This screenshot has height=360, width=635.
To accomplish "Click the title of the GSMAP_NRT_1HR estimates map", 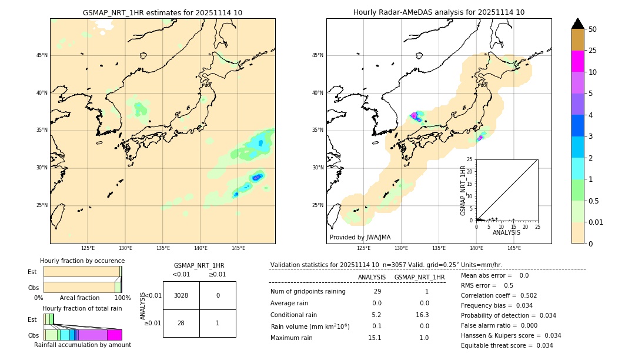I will pos(162,13).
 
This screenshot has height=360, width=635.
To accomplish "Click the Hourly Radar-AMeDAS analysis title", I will pos(439,12).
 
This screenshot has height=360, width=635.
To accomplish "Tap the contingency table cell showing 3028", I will pos(181,295).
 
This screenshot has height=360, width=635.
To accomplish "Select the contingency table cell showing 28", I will pos(181,323).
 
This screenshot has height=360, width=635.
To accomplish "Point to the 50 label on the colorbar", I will pos(593,29).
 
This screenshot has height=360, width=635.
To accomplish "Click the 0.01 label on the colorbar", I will pos(596,222).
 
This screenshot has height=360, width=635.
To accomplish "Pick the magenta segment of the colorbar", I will pos(577,61).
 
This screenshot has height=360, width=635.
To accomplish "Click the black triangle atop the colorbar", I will pos(577,24).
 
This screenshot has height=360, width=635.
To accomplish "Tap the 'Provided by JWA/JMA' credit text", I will pos(360,238).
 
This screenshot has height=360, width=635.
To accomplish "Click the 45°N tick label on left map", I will pos(42,55).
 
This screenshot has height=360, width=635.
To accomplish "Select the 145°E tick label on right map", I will pos(514,248).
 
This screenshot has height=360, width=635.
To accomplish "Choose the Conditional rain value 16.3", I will pos(419,315).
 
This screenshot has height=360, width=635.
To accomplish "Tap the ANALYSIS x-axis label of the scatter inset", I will pos(506,232).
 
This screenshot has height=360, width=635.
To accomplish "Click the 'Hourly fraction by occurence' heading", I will pos(82,261).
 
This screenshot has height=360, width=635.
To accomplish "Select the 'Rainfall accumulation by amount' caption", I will pos(82,345).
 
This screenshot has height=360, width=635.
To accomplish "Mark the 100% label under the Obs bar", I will pos(122,298).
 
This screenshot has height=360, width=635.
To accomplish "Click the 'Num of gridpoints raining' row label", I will pos(308,292).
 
